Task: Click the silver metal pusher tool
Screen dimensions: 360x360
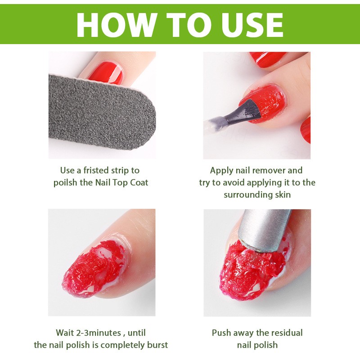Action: click(266, 229)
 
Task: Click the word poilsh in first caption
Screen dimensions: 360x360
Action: click(65, 182)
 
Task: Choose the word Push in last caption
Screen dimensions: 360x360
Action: click(221, 333)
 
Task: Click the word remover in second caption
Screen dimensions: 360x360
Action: click(272, 171)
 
